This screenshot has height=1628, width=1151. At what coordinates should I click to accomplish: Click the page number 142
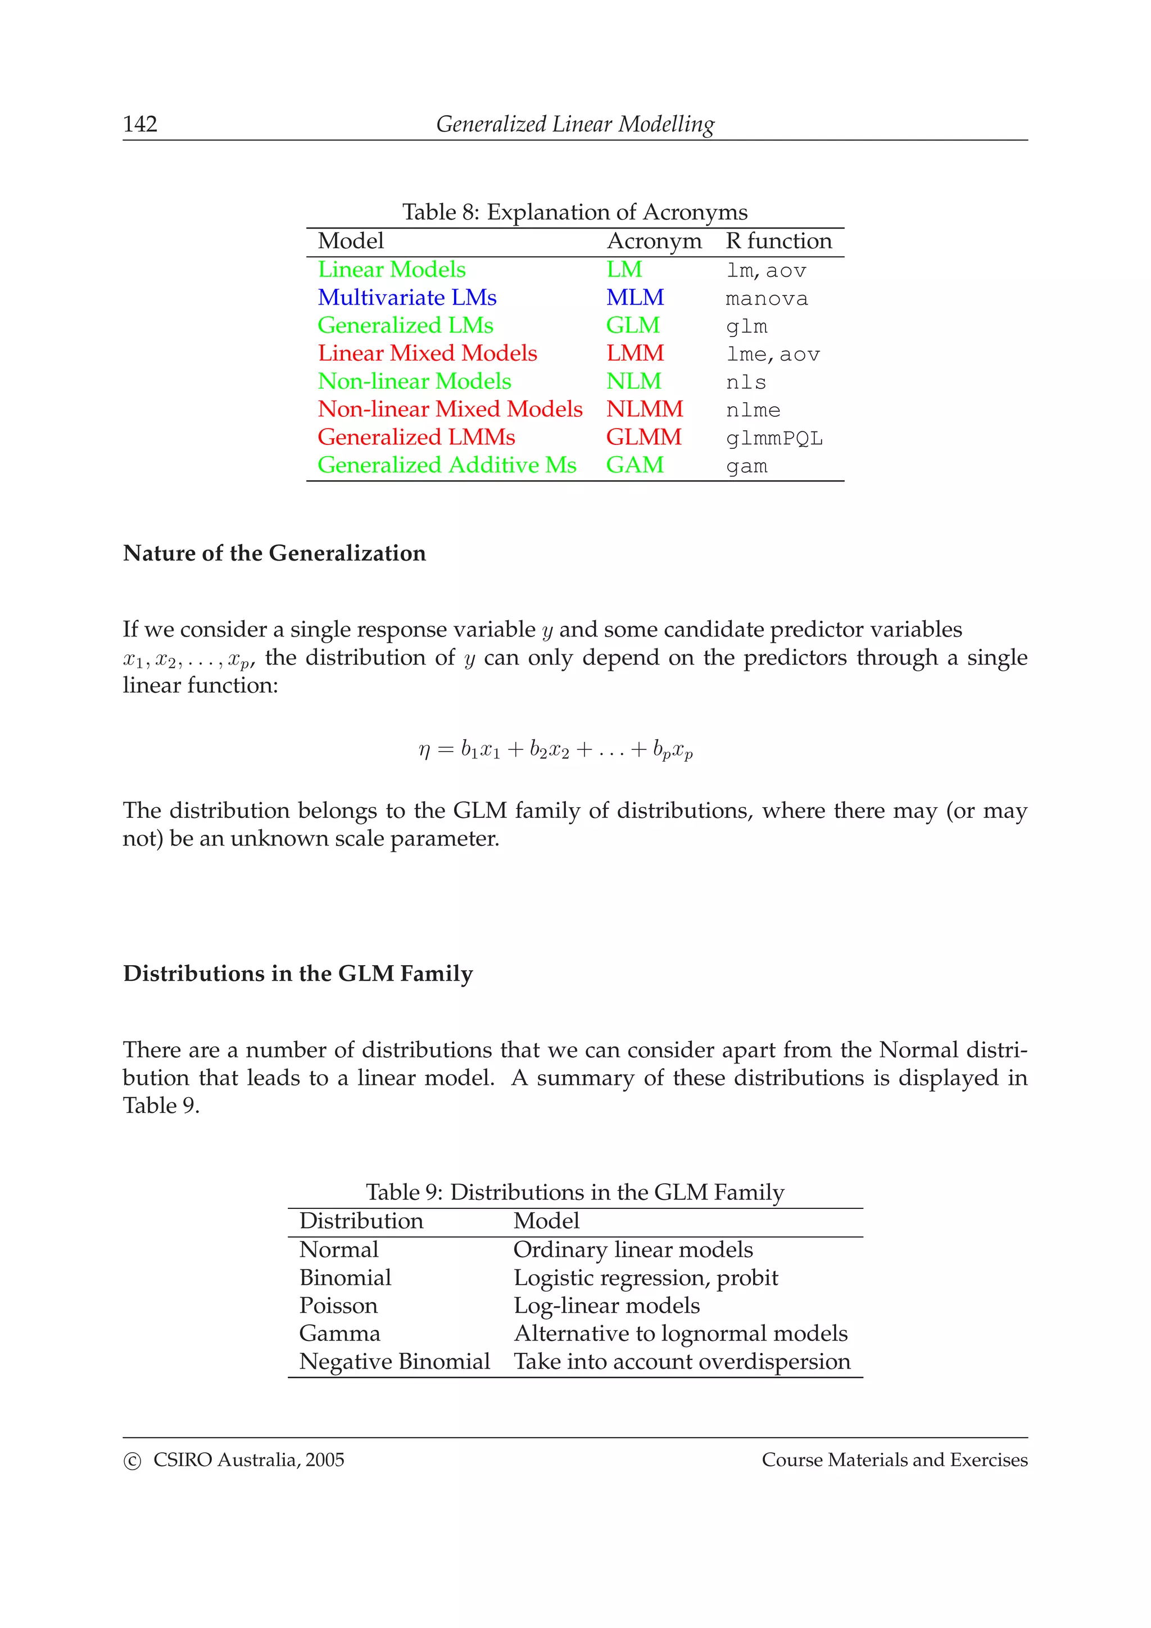(x=140, y=124)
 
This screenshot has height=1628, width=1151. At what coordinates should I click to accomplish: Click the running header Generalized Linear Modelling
(x=574, y=124)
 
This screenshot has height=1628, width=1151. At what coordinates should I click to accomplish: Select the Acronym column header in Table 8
(x=653, y=241)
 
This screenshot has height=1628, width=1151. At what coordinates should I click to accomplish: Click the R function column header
(x=778, y=241)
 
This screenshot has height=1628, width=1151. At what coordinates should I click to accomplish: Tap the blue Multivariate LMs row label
(x=406, y=297)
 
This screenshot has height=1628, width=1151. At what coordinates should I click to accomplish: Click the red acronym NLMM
(x=644, y=409)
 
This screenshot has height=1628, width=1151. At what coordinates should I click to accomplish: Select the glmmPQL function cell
(x=774, y=439)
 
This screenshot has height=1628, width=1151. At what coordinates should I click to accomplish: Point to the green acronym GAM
(x=634, y=465)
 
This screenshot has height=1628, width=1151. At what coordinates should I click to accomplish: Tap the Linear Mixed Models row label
(x=427, y=353)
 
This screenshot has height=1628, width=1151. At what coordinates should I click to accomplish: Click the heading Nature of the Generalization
(x=274, y=553)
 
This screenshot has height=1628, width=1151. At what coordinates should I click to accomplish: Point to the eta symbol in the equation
(x=424, y=749)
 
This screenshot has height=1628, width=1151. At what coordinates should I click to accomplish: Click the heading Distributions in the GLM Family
(x=298, y=974)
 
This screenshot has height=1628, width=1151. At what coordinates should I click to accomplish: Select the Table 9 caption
(x=574, y=1192)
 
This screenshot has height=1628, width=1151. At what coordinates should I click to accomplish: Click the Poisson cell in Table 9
(x=338, y=1306)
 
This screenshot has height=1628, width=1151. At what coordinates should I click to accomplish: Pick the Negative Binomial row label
(x=395, y=1361)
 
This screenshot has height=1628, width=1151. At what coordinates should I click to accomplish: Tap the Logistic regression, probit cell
(x=645, y=1277)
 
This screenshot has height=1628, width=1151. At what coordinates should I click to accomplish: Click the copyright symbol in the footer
(x=132, y=1461)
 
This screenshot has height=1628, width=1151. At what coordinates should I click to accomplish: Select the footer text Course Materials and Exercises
(x=894, y=1460)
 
